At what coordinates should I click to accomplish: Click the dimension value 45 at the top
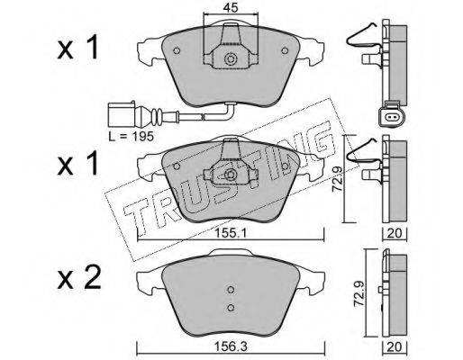tap(231, 8)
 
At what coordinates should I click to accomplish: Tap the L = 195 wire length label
tap(132, 137)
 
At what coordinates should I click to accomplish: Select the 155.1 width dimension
tap(231, 233)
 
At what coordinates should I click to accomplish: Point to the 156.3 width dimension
tap(231, 346)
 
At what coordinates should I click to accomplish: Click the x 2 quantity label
tap(79, 278)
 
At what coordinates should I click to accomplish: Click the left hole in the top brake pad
tap(177, 50)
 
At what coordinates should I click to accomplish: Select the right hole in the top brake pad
tap(285, 50)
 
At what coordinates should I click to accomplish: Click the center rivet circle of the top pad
tap(231, 58)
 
